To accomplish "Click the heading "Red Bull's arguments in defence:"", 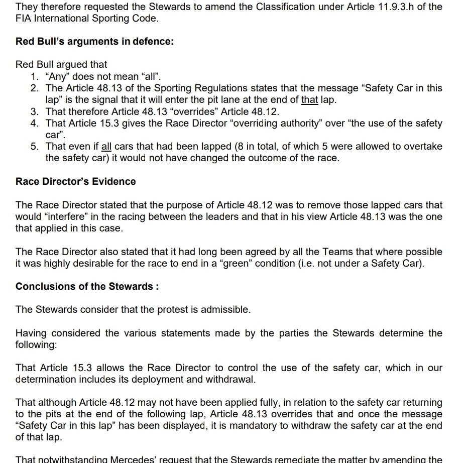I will click(x=94, y=41).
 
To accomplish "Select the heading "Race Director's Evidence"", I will click(x=75, y=181).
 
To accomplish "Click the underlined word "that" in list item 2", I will click(x=309, y=99).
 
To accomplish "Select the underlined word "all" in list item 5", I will click(x=106, y=146).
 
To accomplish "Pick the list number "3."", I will click(x=35, y=111).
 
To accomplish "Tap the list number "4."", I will click(x=35, y=123).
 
